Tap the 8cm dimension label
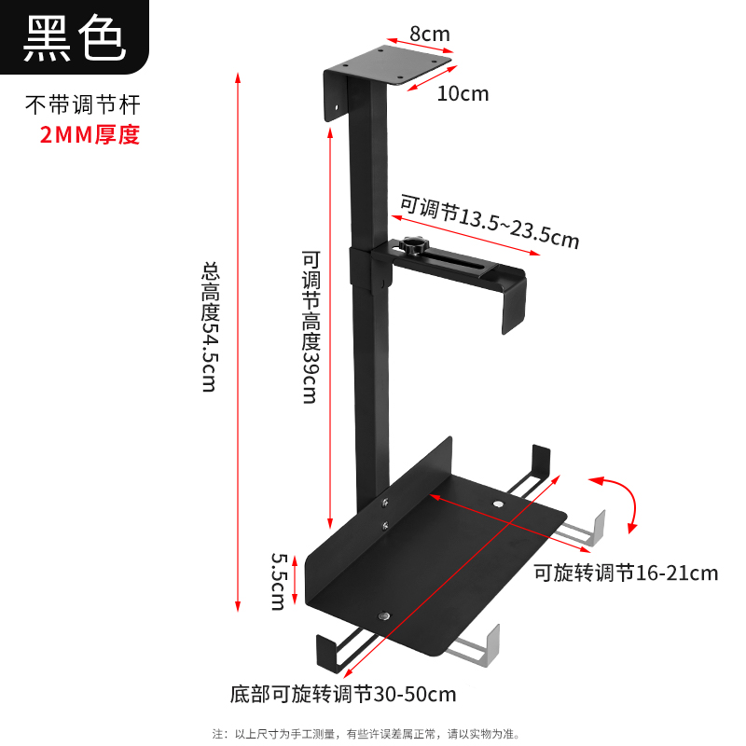tap(429, 35)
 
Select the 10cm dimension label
tap(462, 93)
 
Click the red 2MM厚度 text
tap(90, 134)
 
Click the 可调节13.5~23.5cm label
tap(490, 221)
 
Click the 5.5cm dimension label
tap(278, 581)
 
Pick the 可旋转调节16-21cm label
tap(626, 572)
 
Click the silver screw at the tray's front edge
tap(383, 616)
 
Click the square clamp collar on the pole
tap(370, 269)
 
